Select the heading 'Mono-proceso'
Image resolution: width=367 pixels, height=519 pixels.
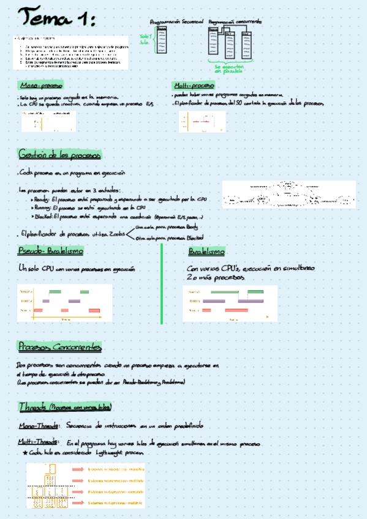[x=41, y=85]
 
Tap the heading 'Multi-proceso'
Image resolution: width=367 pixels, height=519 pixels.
[x=194, y=85]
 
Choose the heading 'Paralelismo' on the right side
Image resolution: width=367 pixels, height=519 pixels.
[x=206, y=252]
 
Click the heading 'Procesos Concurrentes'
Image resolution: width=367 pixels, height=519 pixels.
[x=59, y=347]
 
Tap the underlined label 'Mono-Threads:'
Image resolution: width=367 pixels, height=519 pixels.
[x=38, y=425]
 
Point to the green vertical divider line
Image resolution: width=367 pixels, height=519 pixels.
[x=162, y=283]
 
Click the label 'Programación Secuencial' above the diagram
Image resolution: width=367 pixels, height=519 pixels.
[x=176, y=21]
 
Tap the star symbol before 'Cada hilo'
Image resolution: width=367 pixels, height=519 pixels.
[x=25, y=453]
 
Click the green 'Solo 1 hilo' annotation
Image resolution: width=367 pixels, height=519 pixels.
[x=145, y=39]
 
